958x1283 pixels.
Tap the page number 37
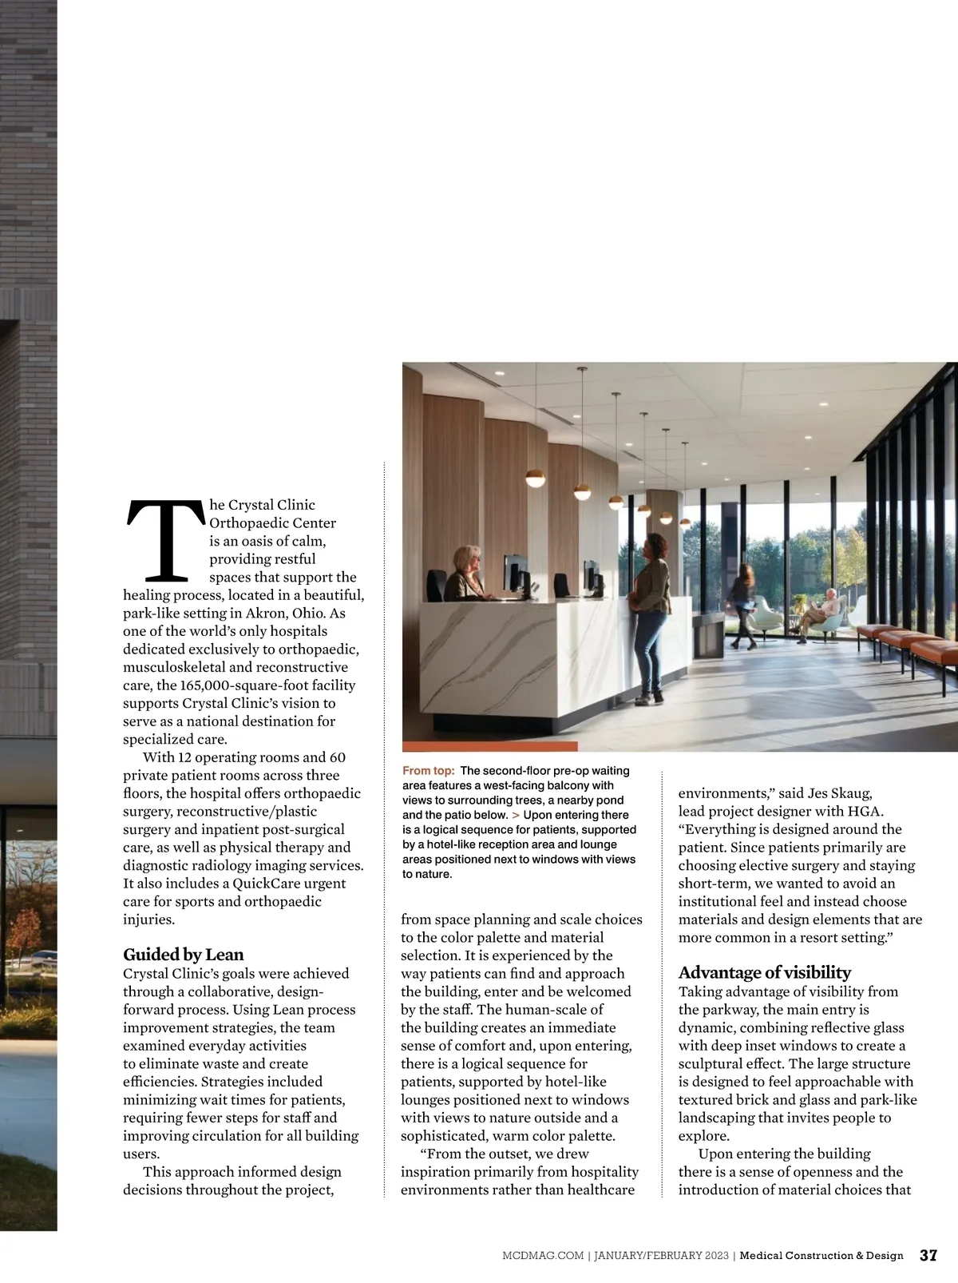pos(928,1255)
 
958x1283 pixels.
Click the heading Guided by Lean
pos(183,955)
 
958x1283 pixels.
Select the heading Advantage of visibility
pos(764,972)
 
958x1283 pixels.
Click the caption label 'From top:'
pos(429,771)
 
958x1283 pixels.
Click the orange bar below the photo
pos(489,747)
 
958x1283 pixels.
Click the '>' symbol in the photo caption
pos(516,815)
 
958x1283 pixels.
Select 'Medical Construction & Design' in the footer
pos(821,1256)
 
